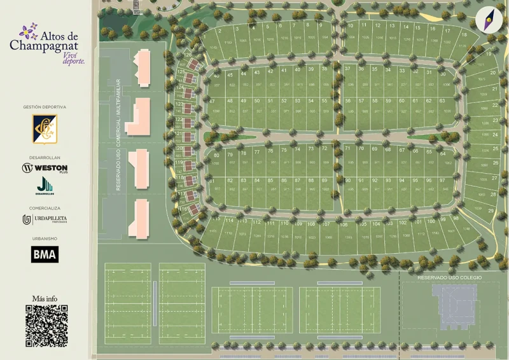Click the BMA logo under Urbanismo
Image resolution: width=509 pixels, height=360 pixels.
tap(45, 254)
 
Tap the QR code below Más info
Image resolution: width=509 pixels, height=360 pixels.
tap(46, 326)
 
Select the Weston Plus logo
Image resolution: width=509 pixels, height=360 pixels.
tap(45, 169)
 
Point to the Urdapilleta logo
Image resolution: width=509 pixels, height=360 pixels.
tap(45, 219)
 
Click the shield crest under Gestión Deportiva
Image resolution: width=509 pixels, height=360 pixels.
tap(45, 128)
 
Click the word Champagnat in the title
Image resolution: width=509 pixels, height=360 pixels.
tap(44, 46)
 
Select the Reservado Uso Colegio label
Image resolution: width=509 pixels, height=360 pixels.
tap(449, 278)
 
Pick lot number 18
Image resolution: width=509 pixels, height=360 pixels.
tap(464, 34)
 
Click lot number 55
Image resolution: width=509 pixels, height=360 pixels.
tap(324, 100)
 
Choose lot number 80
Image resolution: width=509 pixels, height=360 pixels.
tap(216, 155)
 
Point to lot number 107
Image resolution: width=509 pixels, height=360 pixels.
tap(326, 224)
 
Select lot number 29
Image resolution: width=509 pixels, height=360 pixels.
tap(491, 210)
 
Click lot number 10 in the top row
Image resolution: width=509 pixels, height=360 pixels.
tap(350, 26)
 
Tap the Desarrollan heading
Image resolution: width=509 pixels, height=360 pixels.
tap(45, 158)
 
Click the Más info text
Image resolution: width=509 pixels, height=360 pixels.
tap(45, 298)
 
